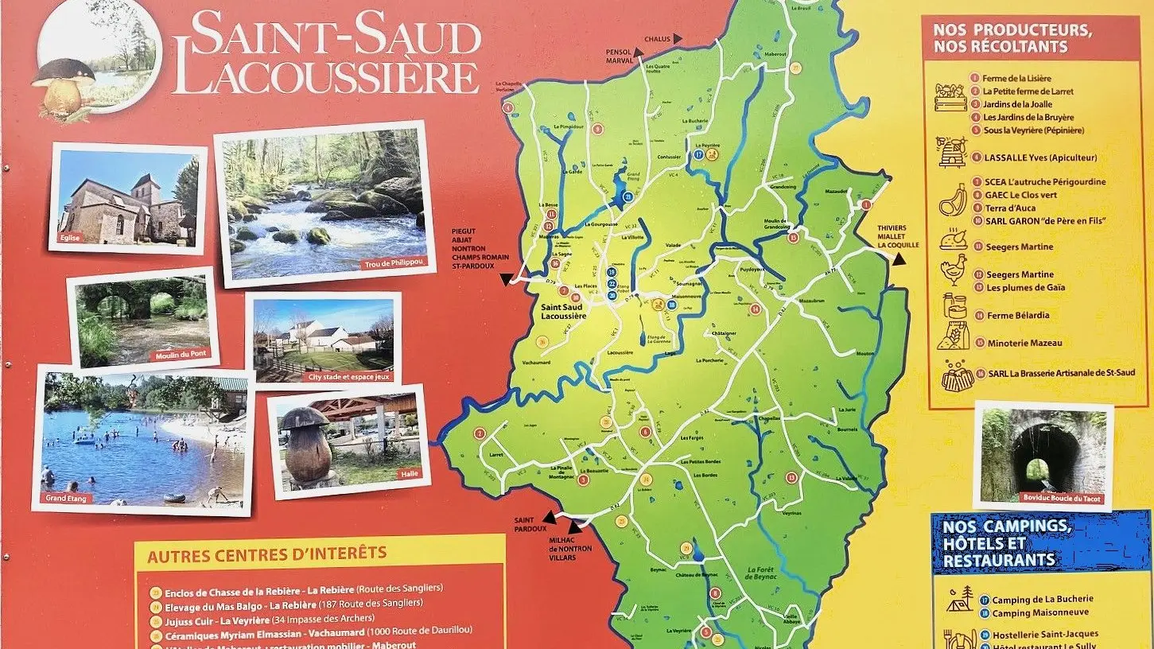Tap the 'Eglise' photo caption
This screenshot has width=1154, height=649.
click(69, 237)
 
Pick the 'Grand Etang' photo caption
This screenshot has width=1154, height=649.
click(68, 499)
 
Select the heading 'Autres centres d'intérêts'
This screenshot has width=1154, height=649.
click(267, 553)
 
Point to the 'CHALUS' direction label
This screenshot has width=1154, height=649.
click(657, 38)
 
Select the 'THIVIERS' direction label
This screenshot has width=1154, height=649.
click(892, 228)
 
